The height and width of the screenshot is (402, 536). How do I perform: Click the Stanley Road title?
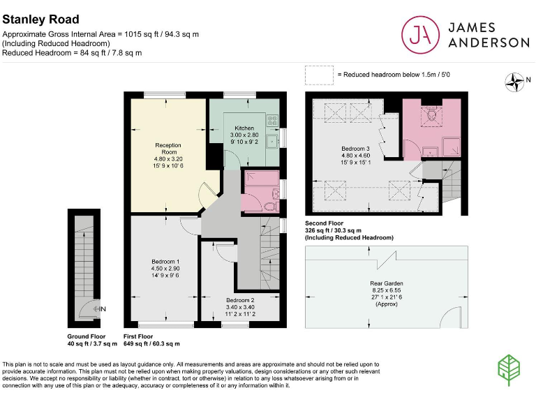40,20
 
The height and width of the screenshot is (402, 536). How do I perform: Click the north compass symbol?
516,82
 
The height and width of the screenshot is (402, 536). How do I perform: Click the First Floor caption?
137,336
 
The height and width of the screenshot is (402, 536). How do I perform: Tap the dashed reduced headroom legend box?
318,74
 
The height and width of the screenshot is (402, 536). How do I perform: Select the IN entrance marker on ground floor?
101,308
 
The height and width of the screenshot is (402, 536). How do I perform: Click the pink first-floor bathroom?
260,191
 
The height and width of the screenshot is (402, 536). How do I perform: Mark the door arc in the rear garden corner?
452,316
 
